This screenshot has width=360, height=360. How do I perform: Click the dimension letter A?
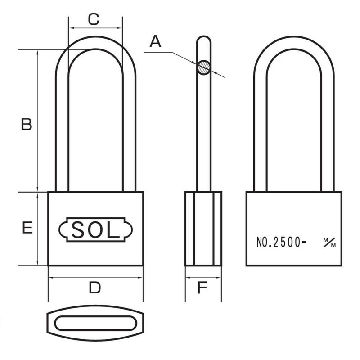[x=155, y=42]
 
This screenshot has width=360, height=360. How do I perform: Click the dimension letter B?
[x=27, y=124]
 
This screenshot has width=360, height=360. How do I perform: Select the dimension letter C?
[x=93, y=20]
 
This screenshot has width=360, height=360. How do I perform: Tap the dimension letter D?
[x=94, y=288]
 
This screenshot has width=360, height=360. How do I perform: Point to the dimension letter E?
[x=27, y=229]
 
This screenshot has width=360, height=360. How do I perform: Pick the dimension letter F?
[x=203, y=288]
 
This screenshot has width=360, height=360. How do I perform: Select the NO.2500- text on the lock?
[x=282, y=243]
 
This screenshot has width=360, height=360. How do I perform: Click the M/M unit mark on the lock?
[x=329, y=243]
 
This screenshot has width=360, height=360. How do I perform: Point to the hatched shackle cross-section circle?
[x=203, y=67]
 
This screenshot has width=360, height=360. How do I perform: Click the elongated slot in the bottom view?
[x=96, y=324]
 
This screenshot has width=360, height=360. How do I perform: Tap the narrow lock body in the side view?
[x=203, y=229]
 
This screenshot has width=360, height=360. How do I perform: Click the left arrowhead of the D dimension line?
[x=50, y=278]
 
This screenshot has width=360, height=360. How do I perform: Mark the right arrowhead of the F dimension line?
[x=219, y=278]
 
